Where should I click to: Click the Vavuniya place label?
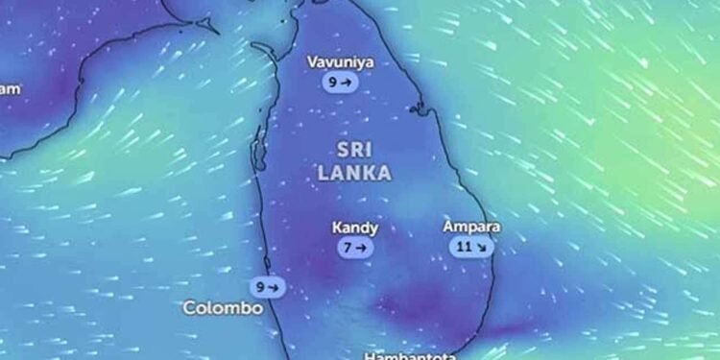[x=341, y=63]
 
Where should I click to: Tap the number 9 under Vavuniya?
[x=333, y=84]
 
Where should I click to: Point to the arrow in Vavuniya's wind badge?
[x=346, y=84]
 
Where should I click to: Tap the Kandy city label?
[x=354, y=228]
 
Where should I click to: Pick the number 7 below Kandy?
[x=348, y=248]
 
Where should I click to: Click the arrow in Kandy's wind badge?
[x=360, y=248]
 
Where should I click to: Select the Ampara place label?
[x=471, y=228]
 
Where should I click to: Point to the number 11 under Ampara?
[x=464, y=247]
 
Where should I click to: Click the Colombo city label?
[x=223, y=308]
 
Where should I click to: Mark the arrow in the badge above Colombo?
[x=274, y=286]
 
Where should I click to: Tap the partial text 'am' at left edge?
[x=10, y=89]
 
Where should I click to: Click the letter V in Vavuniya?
[x=312, y=63]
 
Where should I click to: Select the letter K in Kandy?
[x=337, y=228]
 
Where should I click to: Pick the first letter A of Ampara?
[x=448, y=228]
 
